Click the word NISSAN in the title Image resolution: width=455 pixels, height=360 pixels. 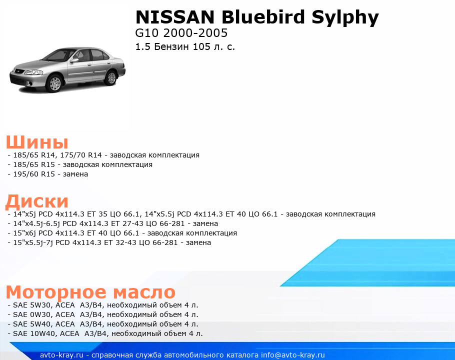175,17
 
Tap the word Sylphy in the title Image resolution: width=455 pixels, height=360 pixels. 345,18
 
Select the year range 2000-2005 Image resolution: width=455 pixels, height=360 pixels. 195,33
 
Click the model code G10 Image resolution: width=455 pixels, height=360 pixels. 147,33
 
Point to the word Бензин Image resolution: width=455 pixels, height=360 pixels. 172,46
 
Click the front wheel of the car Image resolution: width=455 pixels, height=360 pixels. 55,83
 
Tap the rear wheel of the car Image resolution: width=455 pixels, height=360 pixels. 111,77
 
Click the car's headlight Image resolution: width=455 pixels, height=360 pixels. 33,72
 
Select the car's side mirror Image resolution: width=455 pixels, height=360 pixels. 74,60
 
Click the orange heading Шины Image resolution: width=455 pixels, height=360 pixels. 37,142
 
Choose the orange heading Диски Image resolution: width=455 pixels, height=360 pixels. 37,201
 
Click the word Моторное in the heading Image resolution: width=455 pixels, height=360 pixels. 56,292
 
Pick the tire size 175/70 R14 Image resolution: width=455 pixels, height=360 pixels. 81,155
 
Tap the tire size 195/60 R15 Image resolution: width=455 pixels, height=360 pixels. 34,174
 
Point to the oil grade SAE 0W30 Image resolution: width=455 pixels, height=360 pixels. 32,314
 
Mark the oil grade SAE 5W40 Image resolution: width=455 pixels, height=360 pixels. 32,324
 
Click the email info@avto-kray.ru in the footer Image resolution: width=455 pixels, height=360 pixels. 293,355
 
